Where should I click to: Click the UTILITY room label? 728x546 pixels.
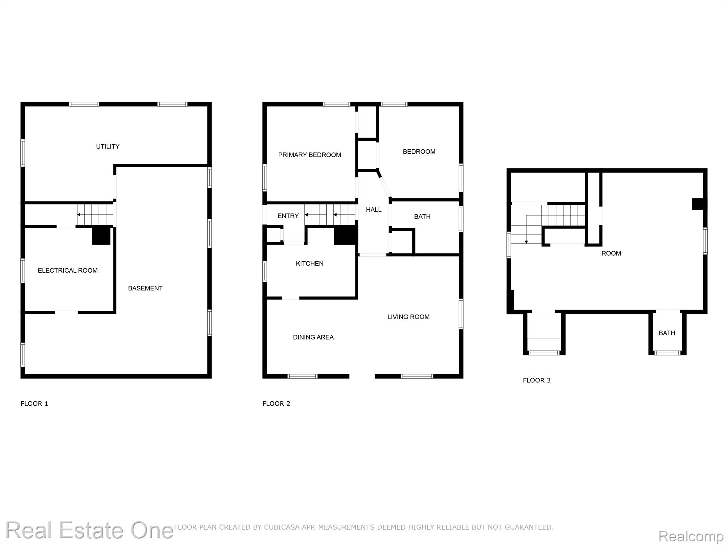point(108,146)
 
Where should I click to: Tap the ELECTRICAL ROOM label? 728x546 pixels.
point(68,271)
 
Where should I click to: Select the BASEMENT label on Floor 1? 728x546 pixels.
point(145,288)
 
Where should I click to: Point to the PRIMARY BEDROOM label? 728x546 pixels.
point(310,155)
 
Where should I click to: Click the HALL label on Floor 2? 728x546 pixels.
point(374,210)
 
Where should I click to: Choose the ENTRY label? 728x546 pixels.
point(288,216)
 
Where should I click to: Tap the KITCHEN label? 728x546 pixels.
point(310,263)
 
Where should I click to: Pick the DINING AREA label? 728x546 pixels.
point(313,337)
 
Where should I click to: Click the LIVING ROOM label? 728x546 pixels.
point(408,317)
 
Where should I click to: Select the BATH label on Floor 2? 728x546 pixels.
point(422,216)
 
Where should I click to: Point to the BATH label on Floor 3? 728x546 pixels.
point(667,333)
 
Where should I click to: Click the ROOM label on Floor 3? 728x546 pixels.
point(611,253)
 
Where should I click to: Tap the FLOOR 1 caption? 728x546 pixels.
point(34,403)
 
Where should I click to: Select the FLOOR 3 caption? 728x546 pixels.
point(536,380)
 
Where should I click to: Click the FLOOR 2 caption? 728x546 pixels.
point(276,403)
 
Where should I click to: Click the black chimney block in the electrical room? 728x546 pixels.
point(101,236)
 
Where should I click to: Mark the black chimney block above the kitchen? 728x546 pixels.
point(345,235)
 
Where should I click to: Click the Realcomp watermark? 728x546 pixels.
point(691,536)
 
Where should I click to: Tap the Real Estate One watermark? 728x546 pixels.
point(89,530)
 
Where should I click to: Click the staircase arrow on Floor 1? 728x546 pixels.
point(95,215)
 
